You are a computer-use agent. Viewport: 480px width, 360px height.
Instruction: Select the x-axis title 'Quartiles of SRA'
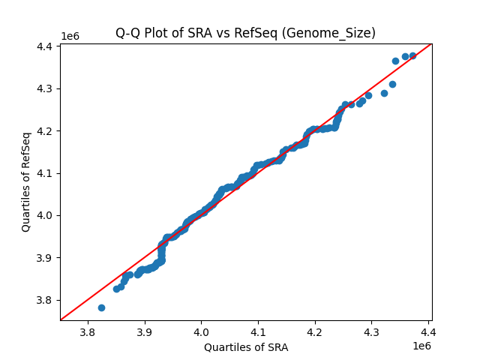pyautogui.click(x=245, y=347)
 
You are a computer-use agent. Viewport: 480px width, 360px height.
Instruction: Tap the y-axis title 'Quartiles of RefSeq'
pyautogui.click(x=26, y=181)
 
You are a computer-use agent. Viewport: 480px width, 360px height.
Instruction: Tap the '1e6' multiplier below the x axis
pyautogui.click(x=421, y=346)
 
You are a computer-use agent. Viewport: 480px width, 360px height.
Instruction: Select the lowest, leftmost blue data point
pyautogui.click(x=101, y=307)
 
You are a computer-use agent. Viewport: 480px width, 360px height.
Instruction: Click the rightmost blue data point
pyautogui.click(x=412, y=55)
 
